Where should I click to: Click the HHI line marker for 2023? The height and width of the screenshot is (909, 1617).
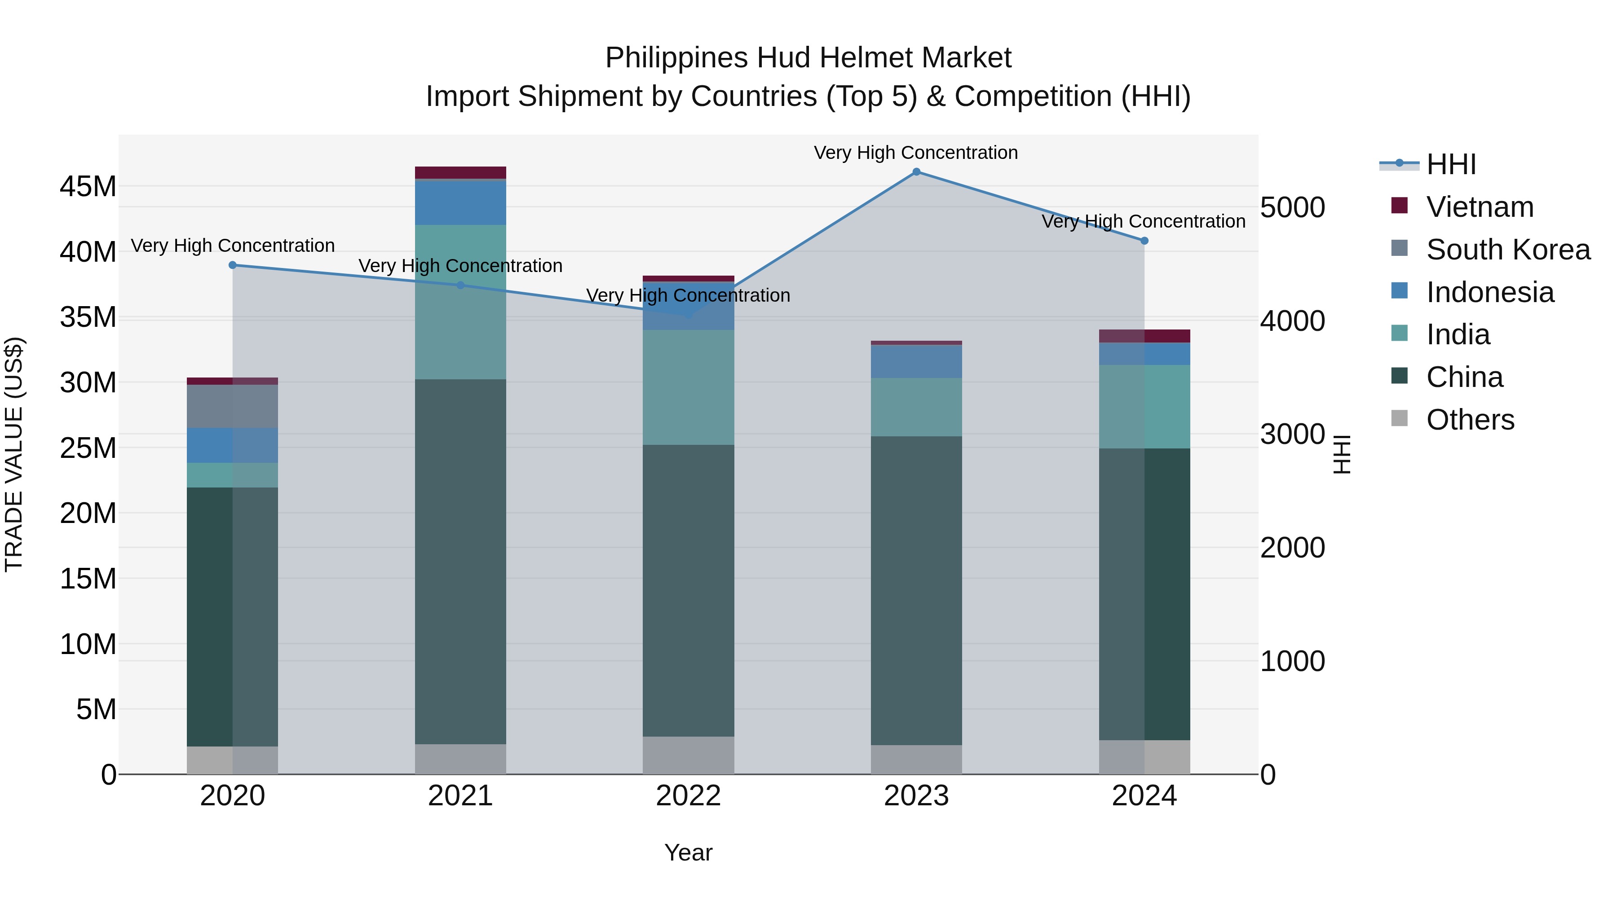pyautogui.click(x=916, y=172)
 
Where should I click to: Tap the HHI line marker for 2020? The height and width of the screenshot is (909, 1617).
pyautogui.click(x=233, y=265)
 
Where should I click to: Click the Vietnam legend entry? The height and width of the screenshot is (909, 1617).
pyautogui.click(x=1480, y=207)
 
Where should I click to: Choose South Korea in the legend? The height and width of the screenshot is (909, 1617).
pyautogui.click(x=1508, y=250)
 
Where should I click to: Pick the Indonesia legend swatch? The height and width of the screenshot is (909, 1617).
pyautogui.click(x=1400, y=291)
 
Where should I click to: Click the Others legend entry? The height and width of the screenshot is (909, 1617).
pyautogui.click(x=1470, y=420)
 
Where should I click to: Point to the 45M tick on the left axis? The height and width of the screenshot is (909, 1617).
pyautogui.click(x=88, y=187)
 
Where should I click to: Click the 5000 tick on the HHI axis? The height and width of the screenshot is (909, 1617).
pyautogui.click(x=1292, y=208)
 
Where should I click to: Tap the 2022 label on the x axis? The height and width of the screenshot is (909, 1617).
pyautogui.click(x=688, y=796)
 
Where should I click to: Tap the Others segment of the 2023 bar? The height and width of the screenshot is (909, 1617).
pyautogui.click(x=916, y=760)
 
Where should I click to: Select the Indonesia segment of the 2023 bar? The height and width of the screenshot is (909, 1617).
pyautogui.click(x=916, y=361)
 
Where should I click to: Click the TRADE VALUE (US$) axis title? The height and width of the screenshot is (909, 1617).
pyautogui.click(x=14, y=454)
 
